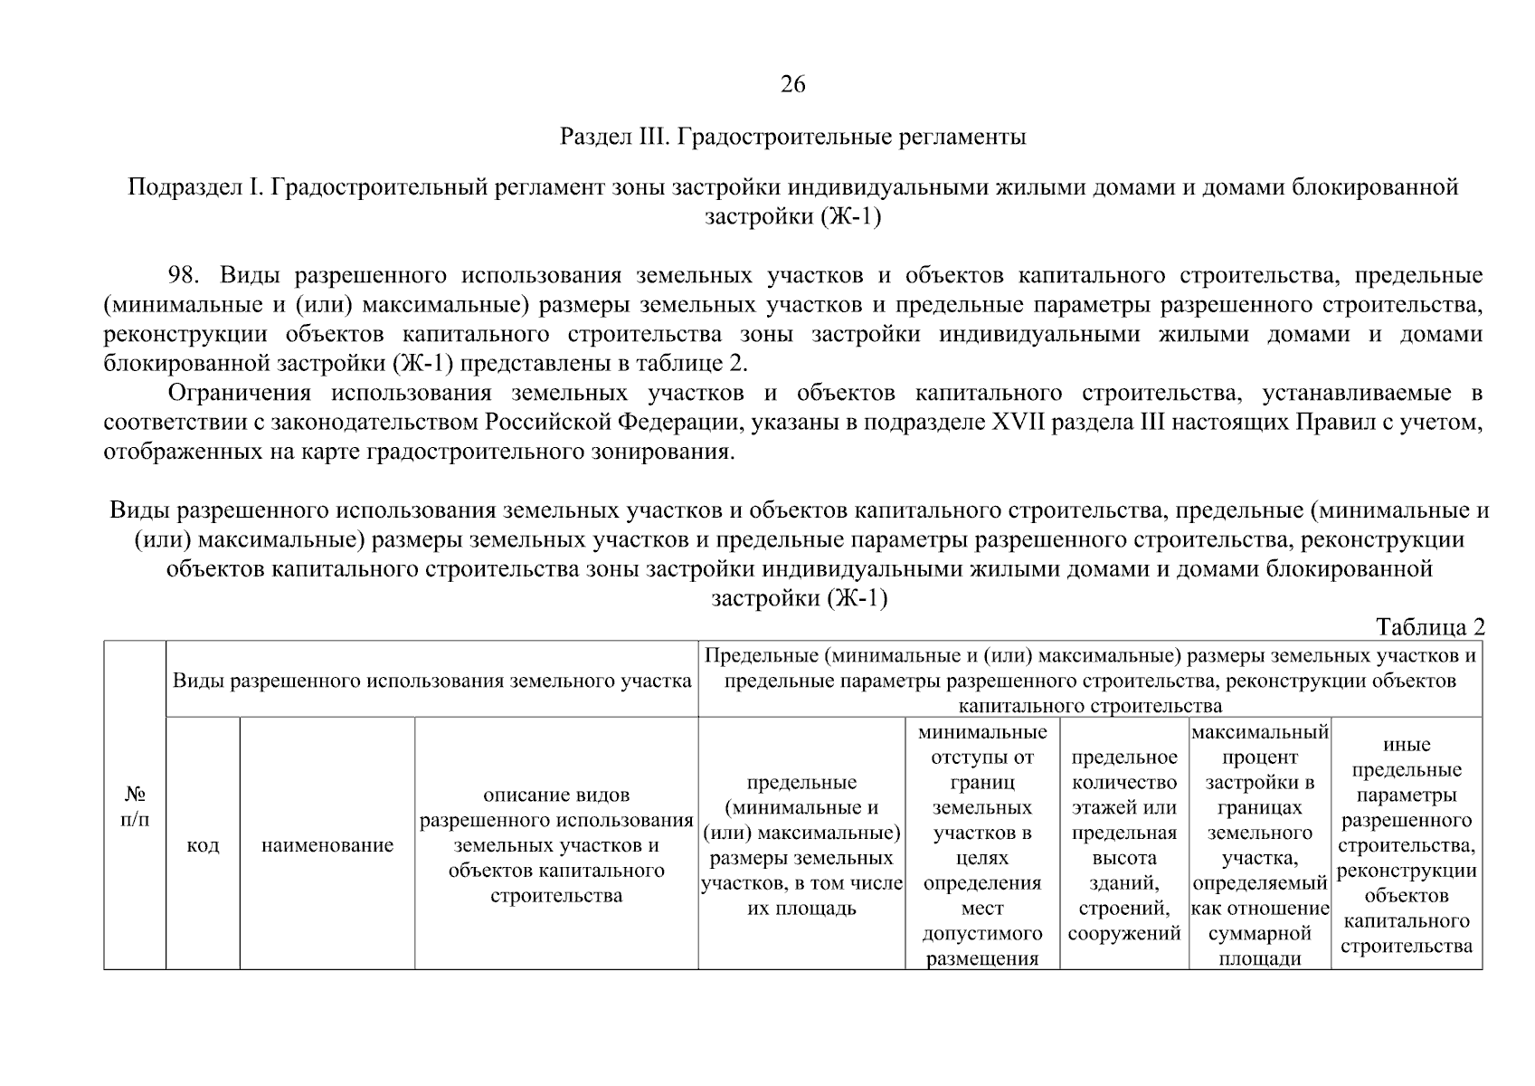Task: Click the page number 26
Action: (x=792, y=85)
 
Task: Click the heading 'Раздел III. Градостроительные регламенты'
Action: (x=792, y=138)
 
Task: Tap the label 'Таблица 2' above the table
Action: (x=1429, y=627)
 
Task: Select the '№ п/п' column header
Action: (x=135, y=806)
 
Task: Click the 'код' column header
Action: (x=203, y=845)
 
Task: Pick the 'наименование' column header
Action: (x=327, y=845)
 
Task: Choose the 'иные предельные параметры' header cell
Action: (x=1407, y=845)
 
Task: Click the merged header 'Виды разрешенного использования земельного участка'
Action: (x=432, y=681)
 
